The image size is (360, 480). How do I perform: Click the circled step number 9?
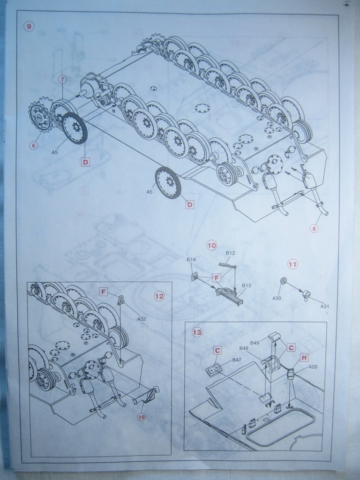point(29,26)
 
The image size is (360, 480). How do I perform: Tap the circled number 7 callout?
point(62,79)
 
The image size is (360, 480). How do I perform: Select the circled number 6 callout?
point(33,145)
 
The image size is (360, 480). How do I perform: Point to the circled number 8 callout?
point(314,229)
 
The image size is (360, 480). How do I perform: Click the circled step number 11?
point(292,264)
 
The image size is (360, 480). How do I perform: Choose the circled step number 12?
point(159,296)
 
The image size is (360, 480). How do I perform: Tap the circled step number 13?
point(197,332)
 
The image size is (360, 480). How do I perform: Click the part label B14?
point(191,259)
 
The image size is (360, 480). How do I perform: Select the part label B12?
point(230,253)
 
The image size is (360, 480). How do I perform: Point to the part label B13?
point(247,285)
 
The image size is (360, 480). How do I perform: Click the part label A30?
point(277,298)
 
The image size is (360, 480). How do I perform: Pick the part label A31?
point(324,306)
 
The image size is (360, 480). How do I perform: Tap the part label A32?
point(142,319)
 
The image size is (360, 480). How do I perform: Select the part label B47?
point(237,360)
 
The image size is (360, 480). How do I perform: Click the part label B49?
point(255,343)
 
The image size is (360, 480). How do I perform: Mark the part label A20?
point(313,367)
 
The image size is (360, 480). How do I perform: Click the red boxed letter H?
point(304,358)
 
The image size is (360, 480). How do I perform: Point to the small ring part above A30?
point(283,280)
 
